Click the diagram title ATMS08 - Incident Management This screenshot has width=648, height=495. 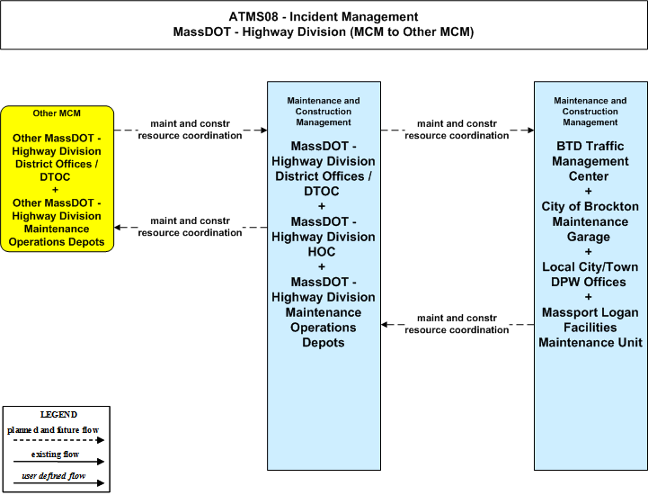pyautogui.click(x=324, y=17)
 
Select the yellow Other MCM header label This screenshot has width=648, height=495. pyautogui.click(x=57, y=113)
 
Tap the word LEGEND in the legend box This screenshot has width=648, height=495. pyautogui.click(x=58, y=414)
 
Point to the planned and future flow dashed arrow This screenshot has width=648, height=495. pyautogui.click(x=58, y=440)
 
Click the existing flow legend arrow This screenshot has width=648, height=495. pyautogui.click(x=58, y=462)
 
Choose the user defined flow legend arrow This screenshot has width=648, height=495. pyautogui.click(x=58, y=483)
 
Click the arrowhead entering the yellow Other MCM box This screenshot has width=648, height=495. pyautogui.click(x=118, y=227)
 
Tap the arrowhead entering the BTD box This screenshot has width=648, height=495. pyautogui.click(x=530, y=130)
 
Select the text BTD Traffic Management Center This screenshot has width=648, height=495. pyautogui.click(x=590, y=161)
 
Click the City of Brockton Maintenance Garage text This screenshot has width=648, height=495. pyautogui.click(x=590, y=221)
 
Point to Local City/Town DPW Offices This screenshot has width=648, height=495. pyautogui.click(x=590, y=274)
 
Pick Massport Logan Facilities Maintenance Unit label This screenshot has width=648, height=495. pyautogui.click(x=590, y=328)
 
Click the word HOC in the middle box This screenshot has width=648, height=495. pyautogui.click(x=322, y=252)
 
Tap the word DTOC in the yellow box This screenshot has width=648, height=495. pyautogui.click(x=55, y=177)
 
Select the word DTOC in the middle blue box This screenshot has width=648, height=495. pyautogui.click(x=322, y=191)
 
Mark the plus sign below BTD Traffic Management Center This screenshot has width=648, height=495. pyautogui.click(x=589, y=191)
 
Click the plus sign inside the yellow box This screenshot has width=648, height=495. pyautogui.click(x=55, y=190)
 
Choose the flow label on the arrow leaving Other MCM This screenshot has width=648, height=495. pyautogui.click(x=191, y=130)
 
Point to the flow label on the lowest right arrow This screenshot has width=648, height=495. pyautogui.click(x=457, y=324)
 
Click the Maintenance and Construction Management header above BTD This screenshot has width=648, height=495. pyautogui.click(x=590, y=112)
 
